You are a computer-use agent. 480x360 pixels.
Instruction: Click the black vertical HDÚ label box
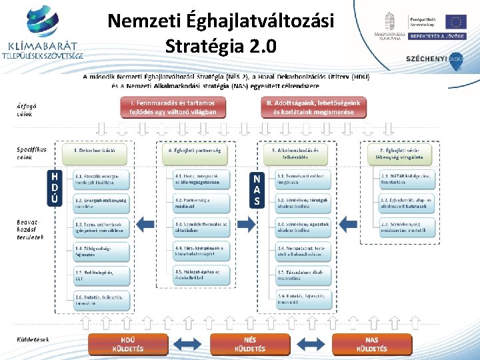click(57, 188)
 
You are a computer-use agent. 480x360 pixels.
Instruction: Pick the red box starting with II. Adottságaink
click(313, 107)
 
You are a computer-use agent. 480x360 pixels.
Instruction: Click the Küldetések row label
click(32, 339)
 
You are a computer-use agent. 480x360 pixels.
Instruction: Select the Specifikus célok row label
click(31, 153)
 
